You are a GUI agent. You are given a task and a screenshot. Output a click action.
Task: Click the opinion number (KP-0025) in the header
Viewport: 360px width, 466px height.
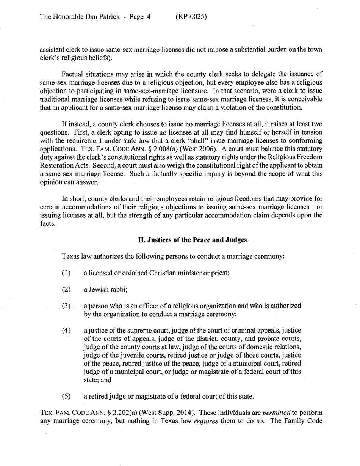191,17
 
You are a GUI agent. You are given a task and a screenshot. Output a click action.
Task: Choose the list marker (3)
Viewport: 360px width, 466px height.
66,306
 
